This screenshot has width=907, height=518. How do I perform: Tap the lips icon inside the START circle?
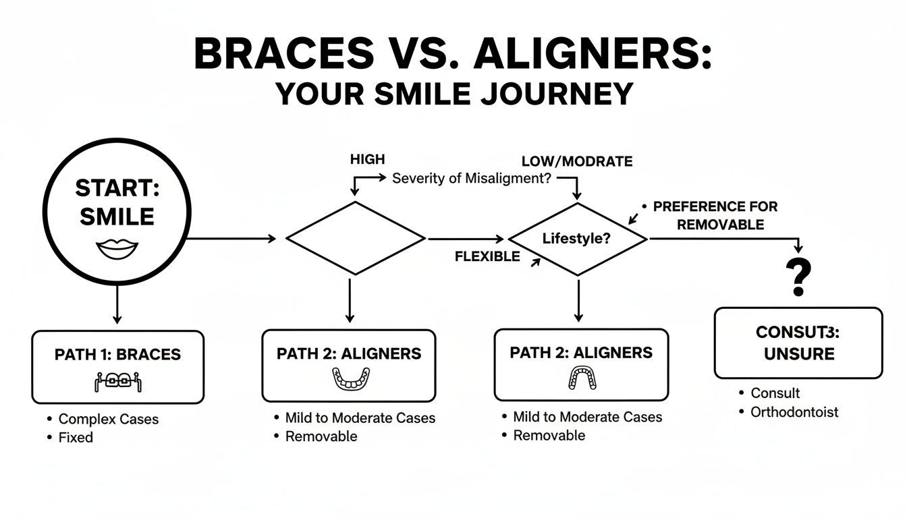[117, 249]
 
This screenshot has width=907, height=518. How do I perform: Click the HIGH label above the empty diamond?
[367, 159]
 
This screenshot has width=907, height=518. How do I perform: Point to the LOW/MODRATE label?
[577, 161]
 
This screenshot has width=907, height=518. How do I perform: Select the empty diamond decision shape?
[356, 238]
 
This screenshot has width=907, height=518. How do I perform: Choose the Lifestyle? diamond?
[577, 239]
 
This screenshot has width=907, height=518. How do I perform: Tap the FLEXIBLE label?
[487, 256]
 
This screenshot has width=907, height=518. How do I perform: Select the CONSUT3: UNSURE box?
[798, 343]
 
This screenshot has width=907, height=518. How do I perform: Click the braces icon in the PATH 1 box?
[117, 381]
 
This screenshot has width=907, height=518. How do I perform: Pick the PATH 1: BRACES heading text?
[117, 355]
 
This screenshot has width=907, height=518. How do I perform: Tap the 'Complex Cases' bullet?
[108, 419]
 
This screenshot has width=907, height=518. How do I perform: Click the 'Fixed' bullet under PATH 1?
[76, 437]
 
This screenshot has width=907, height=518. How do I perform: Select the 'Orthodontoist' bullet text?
[794, 411]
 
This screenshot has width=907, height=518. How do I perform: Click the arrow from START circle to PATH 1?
[117, 304]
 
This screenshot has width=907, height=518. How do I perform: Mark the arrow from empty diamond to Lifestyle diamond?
[466, 239]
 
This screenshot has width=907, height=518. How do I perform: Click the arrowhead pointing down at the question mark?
[799, 250]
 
